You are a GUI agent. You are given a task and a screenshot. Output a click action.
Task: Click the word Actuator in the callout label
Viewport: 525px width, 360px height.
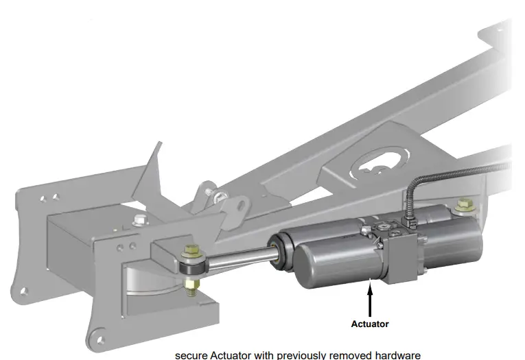tap(370, 324)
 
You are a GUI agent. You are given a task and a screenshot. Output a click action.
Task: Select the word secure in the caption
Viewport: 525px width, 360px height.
tap(191, 355)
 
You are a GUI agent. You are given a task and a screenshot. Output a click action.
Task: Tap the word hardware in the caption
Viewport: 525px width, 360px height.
tap(397, 355)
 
